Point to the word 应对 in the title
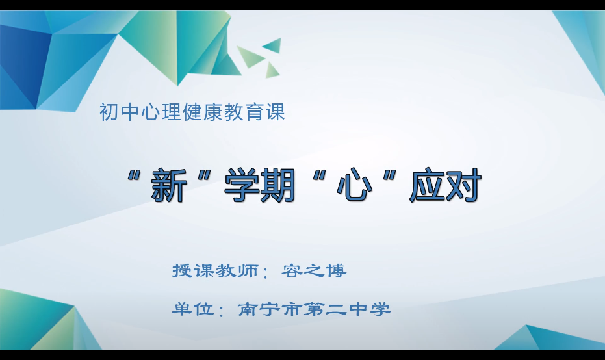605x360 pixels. tap(445, 186)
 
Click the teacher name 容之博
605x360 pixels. tap(315, 270)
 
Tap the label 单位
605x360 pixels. tap(192, 309)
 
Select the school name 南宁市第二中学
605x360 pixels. tap(315, 309)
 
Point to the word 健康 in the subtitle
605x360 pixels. tap(211, 112)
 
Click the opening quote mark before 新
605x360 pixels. tap(136, 177)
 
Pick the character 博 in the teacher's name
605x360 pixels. tap(337, 270)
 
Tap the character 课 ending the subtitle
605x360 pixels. tap(276, 112)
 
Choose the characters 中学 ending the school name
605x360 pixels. tap(371, 309)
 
